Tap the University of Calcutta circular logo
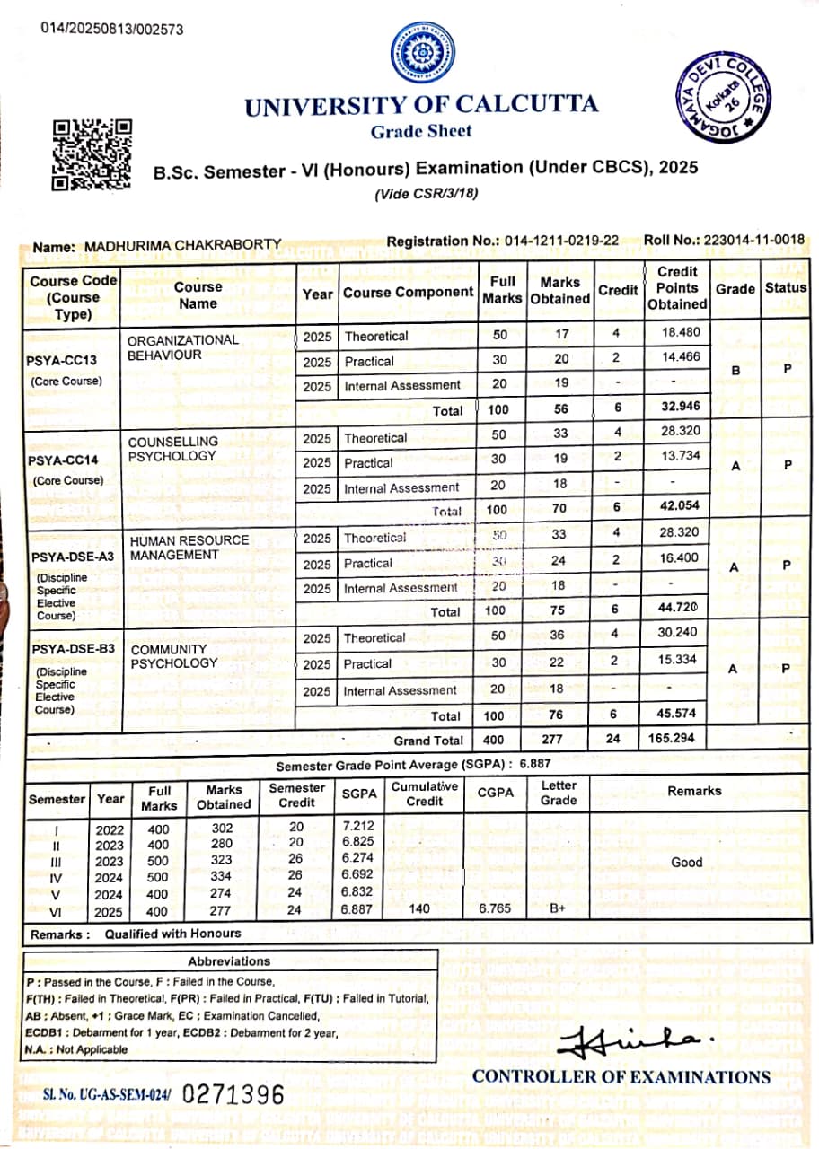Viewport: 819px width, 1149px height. coord(422,52)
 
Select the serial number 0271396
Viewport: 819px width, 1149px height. coord(233,1094)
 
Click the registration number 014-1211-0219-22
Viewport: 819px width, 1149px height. coord(561,241)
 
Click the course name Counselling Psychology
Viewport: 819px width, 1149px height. coord(172,449)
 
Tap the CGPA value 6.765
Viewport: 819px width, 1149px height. coord(495,908)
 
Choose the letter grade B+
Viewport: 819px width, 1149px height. coord(558,908)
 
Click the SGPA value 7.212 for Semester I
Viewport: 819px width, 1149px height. coord(358,825)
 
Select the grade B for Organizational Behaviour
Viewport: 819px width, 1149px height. coord(735,369)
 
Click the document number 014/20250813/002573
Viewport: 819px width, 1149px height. coord(112,29)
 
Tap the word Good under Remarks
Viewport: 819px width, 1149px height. coord(687,862)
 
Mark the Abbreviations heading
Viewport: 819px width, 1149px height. coord(230,961)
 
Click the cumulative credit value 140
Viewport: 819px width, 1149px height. coord(419,908)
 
